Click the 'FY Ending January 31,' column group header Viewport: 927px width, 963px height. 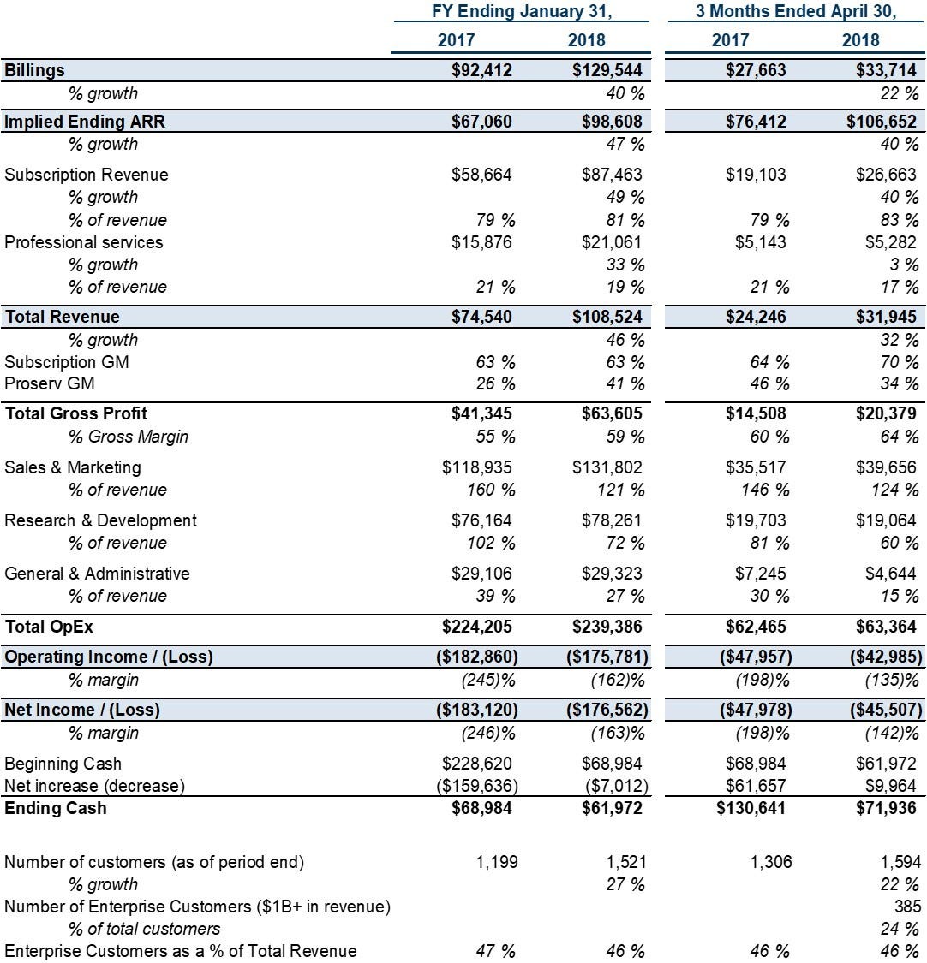(x=521, y=12)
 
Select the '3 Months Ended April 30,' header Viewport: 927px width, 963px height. (x=796, y=12)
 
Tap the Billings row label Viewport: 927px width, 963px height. (x=34, y=70)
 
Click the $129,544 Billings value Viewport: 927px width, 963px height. (x=607, y=70)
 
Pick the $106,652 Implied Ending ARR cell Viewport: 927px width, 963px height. (x=882, y=121)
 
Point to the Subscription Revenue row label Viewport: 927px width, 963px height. (x=86, y=175)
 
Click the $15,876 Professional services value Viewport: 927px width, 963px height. (x=481, y=242)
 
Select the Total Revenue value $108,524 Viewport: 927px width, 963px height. (x=607, y=316)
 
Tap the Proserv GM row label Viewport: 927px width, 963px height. (x=49, y=383)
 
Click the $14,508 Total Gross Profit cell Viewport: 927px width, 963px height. (x=756, y=413)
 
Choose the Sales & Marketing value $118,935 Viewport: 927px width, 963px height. (x=477, y=467)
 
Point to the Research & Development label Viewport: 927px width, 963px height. (x=100, y=520)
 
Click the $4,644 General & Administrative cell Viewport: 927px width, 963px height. (x=891, y=573)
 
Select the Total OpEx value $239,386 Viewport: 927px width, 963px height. (x=607, y=627)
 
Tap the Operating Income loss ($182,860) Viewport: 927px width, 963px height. (x=477, y=657)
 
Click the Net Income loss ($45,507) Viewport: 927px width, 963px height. (x=887, y=710)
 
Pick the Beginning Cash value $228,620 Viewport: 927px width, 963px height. (x=477, y=764)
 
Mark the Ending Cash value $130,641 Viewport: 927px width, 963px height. (x=751, y=807)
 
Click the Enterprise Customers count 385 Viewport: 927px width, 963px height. (x=908, y=907)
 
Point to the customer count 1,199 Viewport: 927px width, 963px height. (x=497, y=862)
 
